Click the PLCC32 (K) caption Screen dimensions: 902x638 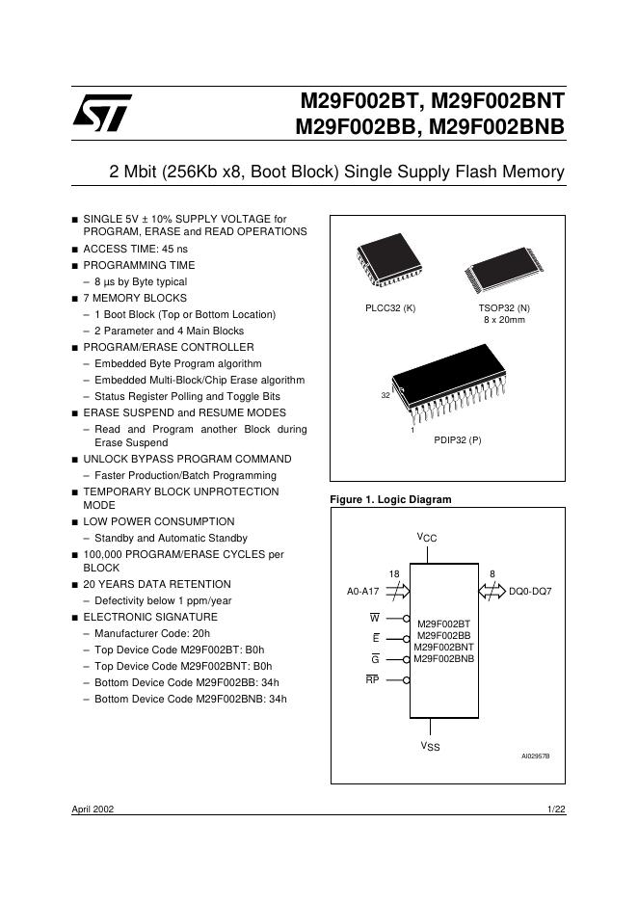[x=390, y=308]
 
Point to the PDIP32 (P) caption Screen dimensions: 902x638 [x=458, y=439]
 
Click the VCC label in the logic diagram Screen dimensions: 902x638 [x=427, y=538]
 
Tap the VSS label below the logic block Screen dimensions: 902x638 [x=429, y=747]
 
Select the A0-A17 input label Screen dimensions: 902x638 [x=363, y=591]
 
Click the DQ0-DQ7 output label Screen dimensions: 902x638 [x=530, y=591]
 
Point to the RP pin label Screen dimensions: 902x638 [x=372, y=680]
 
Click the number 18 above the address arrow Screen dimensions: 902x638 [x=394, y=574]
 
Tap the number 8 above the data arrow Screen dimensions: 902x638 [x=492, y=574]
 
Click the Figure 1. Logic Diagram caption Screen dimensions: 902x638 [x=390, y=499]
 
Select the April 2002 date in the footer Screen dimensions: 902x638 [x=93, y=810]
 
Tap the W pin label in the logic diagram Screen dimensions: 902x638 [x=375, y=617]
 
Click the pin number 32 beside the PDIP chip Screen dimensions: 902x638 [x=386, y=396]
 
